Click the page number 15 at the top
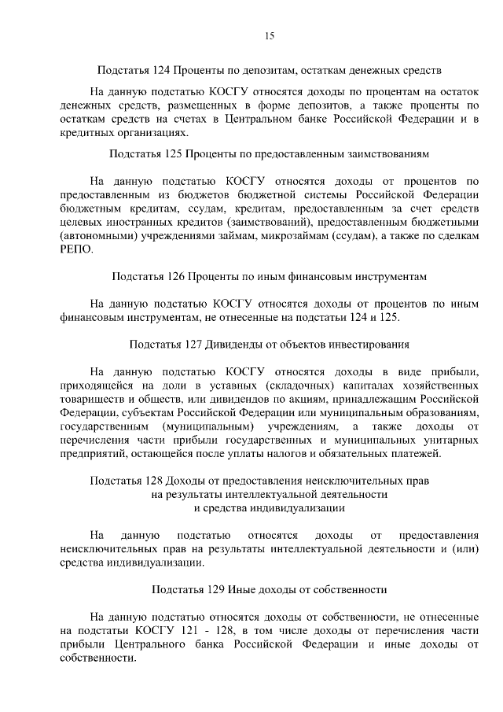268,35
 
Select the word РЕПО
75,249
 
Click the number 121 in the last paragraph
176,630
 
